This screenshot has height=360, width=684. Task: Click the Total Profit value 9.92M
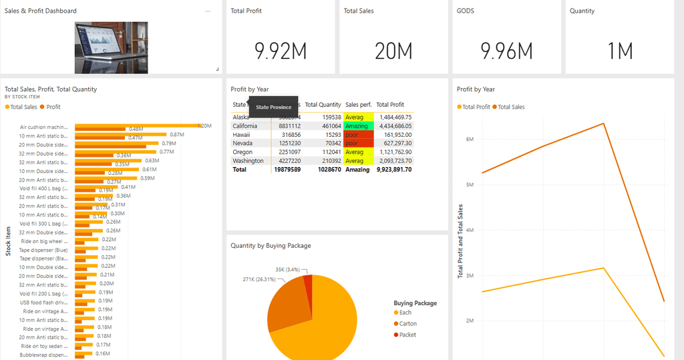280,51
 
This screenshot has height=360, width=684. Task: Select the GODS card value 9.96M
506,51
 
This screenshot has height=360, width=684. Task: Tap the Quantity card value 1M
620,51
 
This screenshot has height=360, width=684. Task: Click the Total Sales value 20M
393,51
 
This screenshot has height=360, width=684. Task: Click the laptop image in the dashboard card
111,47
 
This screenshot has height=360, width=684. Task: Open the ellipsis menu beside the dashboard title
208,11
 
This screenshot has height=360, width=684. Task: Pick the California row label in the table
245,126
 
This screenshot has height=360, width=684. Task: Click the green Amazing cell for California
357,126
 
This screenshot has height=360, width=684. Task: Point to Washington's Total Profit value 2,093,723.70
393,160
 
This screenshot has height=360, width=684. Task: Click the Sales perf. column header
358,105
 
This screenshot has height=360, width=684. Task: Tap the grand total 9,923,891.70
393,170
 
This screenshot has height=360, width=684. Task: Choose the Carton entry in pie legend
407,324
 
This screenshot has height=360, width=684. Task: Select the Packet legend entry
407,335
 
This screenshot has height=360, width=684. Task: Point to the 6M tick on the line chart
469,139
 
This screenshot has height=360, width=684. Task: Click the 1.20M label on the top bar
204,126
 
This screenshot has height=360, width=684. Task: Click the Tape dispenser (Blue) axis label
43,250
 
